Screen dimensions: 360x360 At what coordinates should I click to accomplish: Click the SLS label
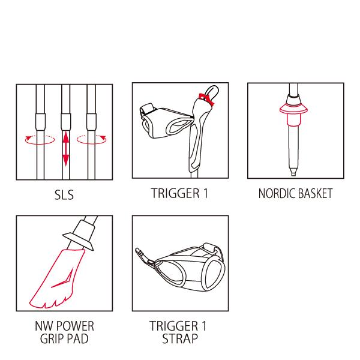pyautogui.click(x=64, y=195)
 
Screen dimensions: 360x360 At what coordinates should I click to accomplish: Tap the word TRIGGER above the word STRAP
pyautogui.click(x=174, y=326)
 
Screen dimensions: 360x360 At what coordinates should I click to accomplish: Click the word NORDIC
pyautogui.click(x=276, y=194)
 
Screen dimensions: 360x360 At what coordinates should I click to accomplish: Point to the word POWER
pyautogui.click(x=75, y=326)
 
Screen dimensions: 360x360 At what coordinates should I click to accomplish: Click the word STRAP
pyautogui.click(x=180, y=338)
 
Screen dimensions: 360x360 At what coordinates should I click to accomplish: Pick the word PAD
pyautogui.click(x=78, y=338)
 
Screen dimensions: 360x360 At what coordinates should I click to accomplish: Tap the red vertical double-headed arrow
pyautogui.click(x=66, y=148)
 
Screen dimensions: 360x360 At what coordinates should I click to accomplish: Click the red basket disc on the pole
pyautogui.click(x=293, y=110)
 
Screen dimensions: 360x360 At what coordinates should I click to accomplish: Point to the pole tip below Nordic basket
pyautogui.click(x=293, y=172)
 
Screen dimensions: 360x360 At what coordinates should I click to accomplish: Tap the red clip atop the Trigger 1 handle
pyautogui.click(x=206, y=99)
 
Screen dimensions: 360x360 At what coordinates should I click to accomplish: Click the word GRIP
pyautogui.click(x=52, y=338)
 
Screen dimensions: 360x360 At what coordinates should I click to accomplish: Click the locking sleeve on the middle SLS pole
pyautogui.click(x=65, y=121)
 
